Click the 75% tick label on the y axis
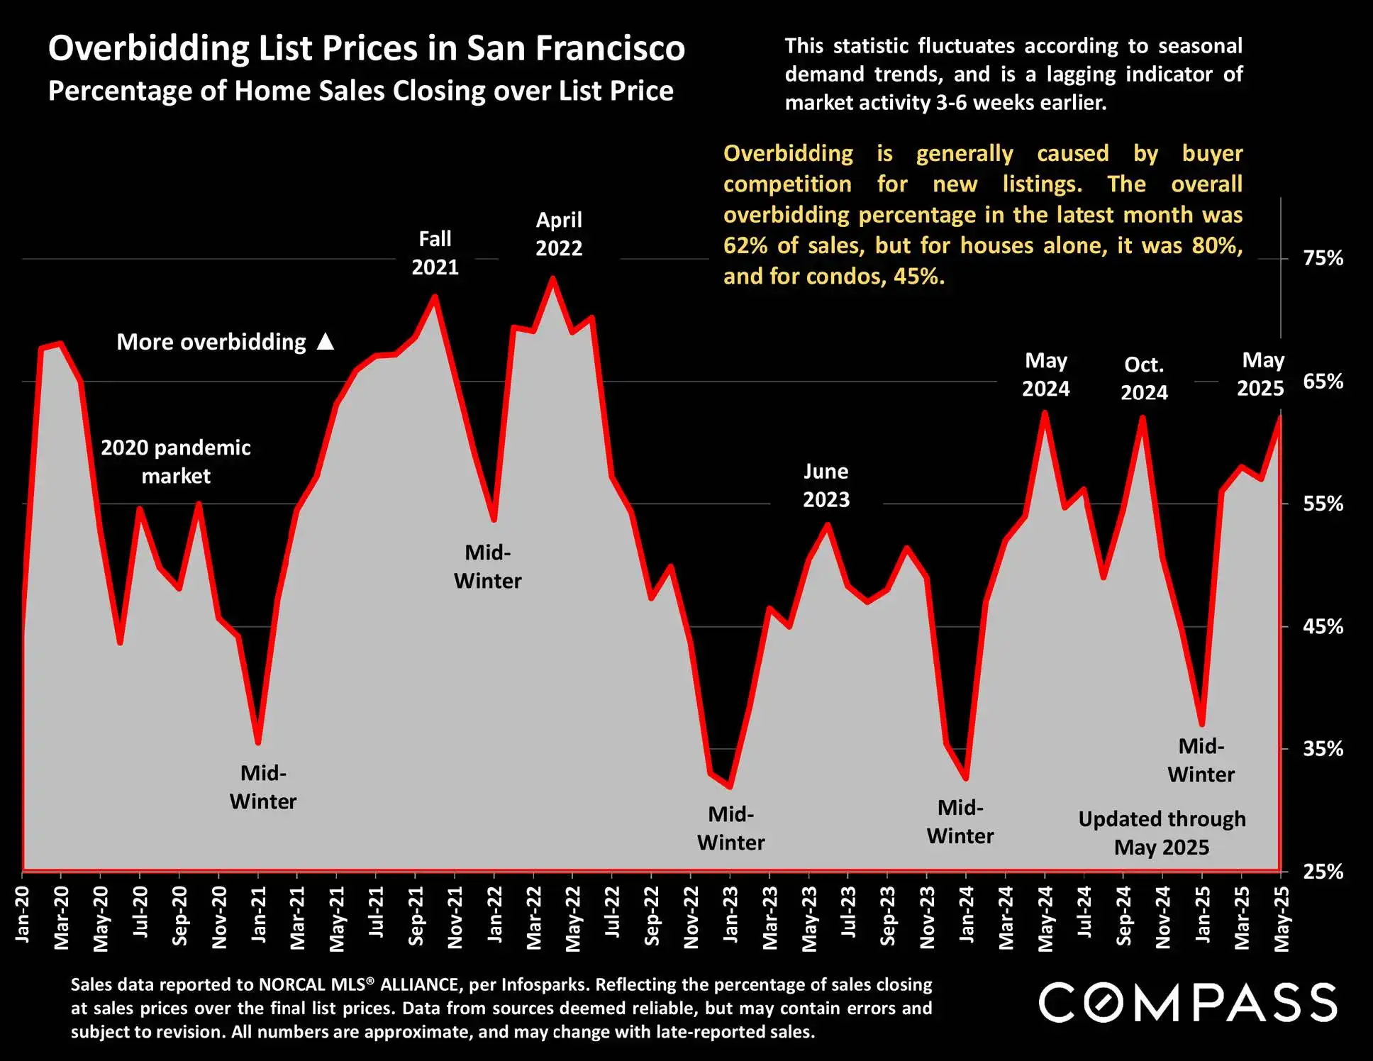1323,258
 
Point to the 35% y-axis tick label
1323,749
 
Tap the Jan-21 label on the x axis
259,914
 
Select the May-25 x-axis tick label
1282,918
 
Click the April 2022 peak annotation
559,234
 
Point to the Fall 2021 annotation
435,253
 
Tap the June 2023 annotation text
826,486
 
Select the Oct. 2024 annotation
1144,379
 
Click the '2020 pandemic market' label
176,462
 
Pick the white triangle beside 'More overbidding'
326,342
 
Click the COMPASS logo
1188,1003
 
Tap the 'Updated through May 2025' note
1162,833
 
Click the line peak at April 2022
552,279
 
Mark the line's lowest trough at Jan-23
730,787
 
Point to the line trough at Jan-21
258,742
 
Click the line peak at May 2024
1045,413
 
